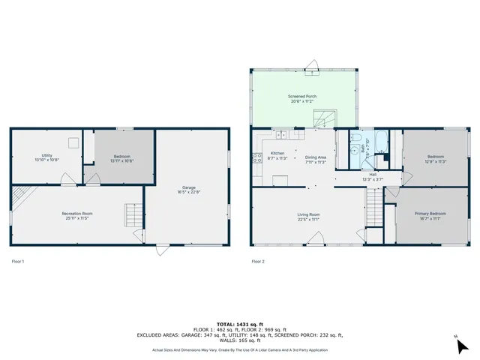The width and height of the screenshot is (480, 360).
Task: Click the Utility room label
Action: click(x=46, y=155)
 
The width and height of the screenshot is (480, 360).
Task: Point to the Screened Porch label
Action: click(x=303, y=97)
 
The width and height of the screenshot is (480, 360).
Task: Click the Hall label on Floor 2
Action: click(x=373, y=175)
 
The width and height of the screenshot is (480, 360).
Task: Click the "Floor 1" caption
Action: click(x=18, y=261)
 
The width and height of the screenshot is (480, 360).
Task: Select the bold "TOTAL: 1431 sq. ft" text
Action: click(x=239, y=320)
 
